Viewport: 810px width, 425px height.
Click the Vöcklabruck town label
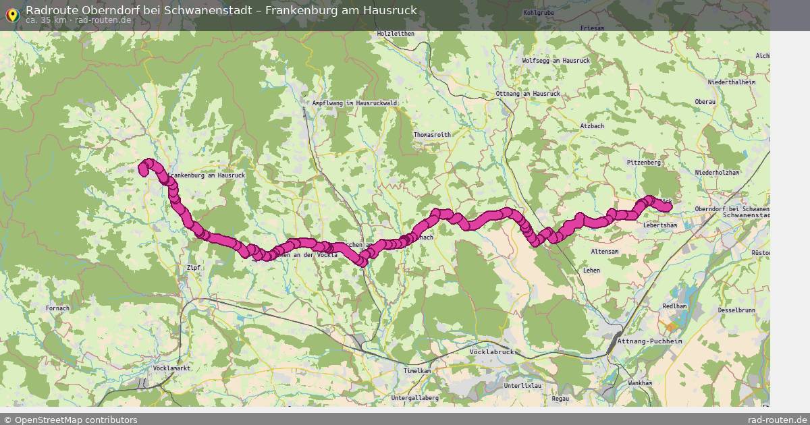(491, 352)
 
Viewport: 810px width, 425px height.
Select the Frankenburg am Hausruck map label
(206, 175)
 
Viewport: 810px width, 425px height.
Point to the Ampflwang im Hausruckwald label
(354, 103)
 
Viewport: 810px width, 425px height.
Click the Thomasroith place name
(432, 135)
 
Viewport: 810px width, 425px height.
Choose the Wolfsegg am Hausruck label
(556, 61)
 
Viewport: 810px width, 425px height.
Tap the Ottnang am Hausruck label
(528, 93)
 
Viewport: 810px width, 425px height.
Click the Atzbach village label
(592, 126)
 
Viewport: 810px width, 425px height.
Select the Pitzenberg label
(643, 163)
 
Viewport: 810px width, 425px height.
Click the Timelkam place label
(417, 371)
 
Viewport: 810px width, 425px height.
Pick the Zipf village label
(193, 268)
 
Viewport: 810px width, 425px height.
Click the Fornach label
(57, 308)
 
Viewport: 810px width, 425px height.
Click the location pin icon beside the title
(11, 15)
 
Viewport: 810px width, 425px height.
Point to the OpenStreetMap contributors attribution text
(70, 420)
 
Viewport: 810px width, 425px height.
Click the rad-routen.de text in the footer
(777, 420)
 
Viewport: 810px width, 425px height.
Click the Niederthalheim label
(731, 82)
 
